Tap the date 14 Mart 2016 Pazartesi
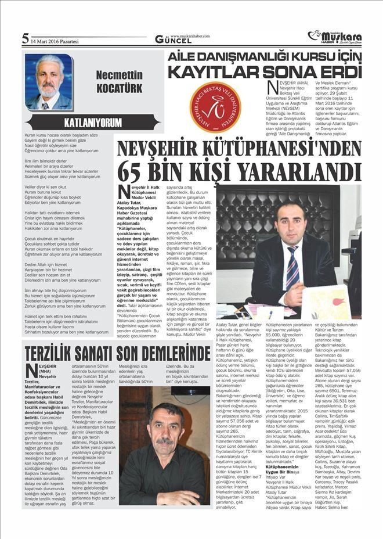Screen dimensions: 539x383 pyautogui.click(x=57, y=40)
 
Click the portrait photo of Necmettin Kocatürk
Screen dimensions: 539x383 pyautogui.click(x=49, y=82)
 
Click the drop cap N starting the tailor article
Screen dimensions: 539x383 pyautogui.click(x=31, y=371)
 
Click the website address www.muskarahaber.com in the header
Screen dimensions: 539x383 pyautogui.click(x=194, y=35)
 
